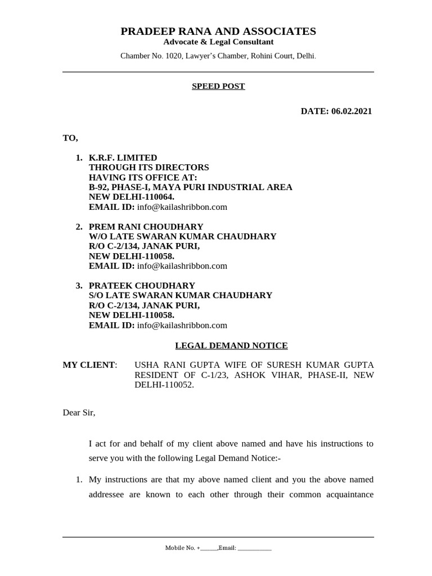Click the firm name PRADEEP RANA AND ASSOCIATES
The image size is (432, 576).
(218, 31)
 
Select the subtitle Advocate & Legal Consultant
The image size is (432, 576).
(218, 42)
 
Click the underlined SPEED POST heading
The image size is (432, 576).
(218, 87)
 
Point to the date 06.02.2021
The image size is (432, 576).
(352, 111)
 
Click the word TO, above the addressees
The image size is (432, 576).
(70, 138)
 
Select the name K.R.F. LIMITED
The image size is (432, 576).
(123, 158)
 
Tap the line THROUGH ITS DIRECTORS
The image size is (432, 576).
(149, 168)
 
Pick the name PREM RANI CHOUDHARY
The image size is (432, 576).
(146, 227)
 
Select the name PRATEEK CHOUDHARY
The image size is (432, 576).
(142, 286)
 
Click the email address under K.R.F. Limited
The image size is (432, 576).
(182, 207)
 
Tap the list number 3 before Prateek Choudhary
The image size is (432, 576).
(79, 286)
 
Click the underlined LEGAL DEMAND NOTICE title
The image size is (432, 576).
(231, 346)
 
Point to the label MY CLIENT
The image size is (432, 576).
(89, 365)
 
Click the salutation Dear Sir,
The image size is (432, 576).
(79, 413)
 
